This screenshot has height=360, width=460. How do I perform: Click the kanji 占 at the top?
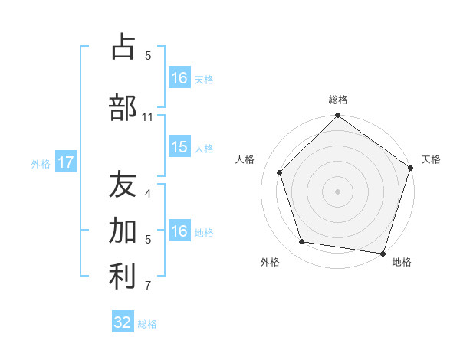123,47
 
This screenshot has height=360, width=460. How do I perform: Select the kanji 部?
123,107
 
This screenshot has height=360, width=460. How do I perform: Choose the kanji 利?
123,277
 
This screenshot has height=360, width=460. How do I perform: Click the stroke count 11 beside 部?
148,117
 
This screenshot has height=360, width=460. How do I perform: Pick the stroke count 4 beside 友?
148,194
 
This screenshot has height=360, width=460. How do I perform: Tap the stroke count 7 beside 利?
148,286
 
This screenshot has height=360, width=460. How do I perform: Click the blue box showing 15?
179,147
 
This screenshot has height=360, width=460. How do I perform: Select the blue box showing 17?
65,162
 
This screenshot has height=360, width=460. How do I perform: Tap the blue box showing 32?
123,322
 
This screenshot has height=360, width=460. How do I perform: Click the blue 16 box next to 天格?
179,78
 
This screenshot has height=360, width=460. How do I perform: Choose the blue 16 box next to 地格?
179,231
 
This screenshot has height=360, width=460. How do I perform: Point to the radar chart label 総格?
337,100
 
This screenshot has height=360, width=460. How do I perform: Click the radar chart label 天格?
431,159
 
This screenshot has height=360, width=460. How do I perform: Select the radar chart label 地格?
402,262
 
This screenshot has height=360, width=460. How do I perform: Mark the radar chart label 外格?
270,262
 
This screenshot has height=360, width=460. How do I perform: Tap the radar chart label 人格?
246,159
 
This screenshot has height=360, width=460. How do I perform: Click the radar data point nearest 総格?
337,116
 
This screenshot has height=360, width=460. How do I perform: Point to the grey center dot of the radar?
337,191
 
